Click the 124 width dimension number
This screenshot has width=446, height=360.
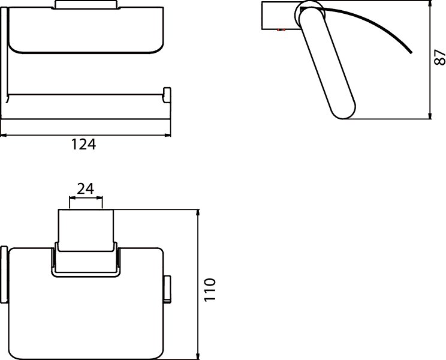(83, 144)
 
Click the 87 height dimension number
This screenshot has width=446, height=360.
(439, 58)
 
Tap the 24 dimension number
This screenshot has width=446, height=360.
(85, 188)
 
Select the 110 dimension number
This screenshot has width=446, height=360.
(210, 290)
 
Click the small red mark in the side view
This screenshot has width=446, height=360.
(281, 29)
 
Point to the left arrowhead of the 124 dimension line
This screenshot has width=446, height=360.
(3, 135)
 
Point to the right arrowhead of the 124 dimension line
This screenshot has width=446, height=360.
(168, 135)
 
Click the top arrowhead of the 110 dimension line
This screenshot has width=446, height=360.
(198, 212)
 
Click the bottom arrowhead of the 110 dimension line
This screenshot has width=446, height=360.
(198, 356)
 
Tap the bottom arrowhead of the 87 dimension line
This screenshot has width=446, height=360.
(430, 116)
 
